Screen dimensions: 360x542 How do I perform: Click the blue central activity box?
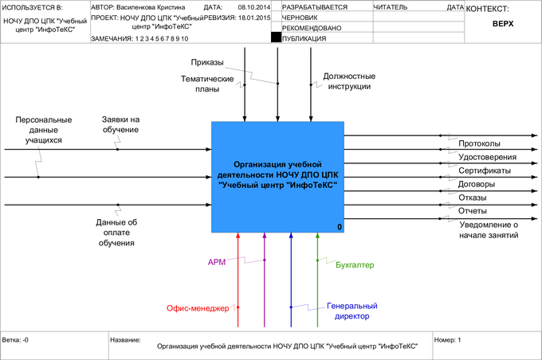pyautogui.click(x=277, y=177)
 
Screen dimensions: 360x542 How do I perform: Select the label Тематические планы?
pyautogui.click(x=206, y=84)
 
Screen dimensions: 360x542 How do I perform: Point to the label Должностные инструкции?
pyautogui.click(x=349, y=81)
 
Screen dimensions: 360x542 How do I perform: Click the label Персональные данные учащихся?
pyautogui.click(x=43, y=130)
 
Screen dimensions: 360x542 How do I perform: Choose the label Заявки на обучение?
pyautogui.click(x=120, y=124)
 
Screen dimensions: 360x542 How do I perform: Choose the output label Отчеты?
pyautogui.click(x=473, y=211)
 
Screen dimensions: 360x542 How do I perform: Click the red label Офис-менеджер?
pyautogui.click(x=197, y=308)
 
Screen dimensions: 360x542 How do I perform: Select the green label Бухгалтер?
pyautogui.click(x=355, y=264)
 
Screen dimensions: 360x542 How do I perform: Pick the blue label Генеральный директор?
pyautogui.click(x=352, y=311)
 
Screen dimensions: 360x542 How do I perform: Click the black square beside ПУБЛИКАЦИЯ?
pyautogui.click(x=276, y=37)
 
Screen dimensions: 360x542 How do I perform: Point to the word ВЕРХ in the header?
pyautogui.click(x=503, y=24)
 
